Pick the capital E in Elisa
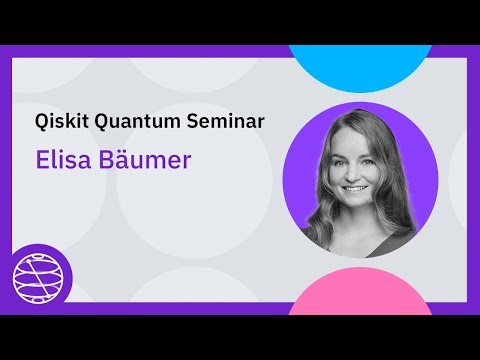click(x=41, y=160)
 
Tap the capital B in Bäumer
click(x=109, y=160)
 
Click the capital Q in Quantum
click(x=101, y=121)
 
